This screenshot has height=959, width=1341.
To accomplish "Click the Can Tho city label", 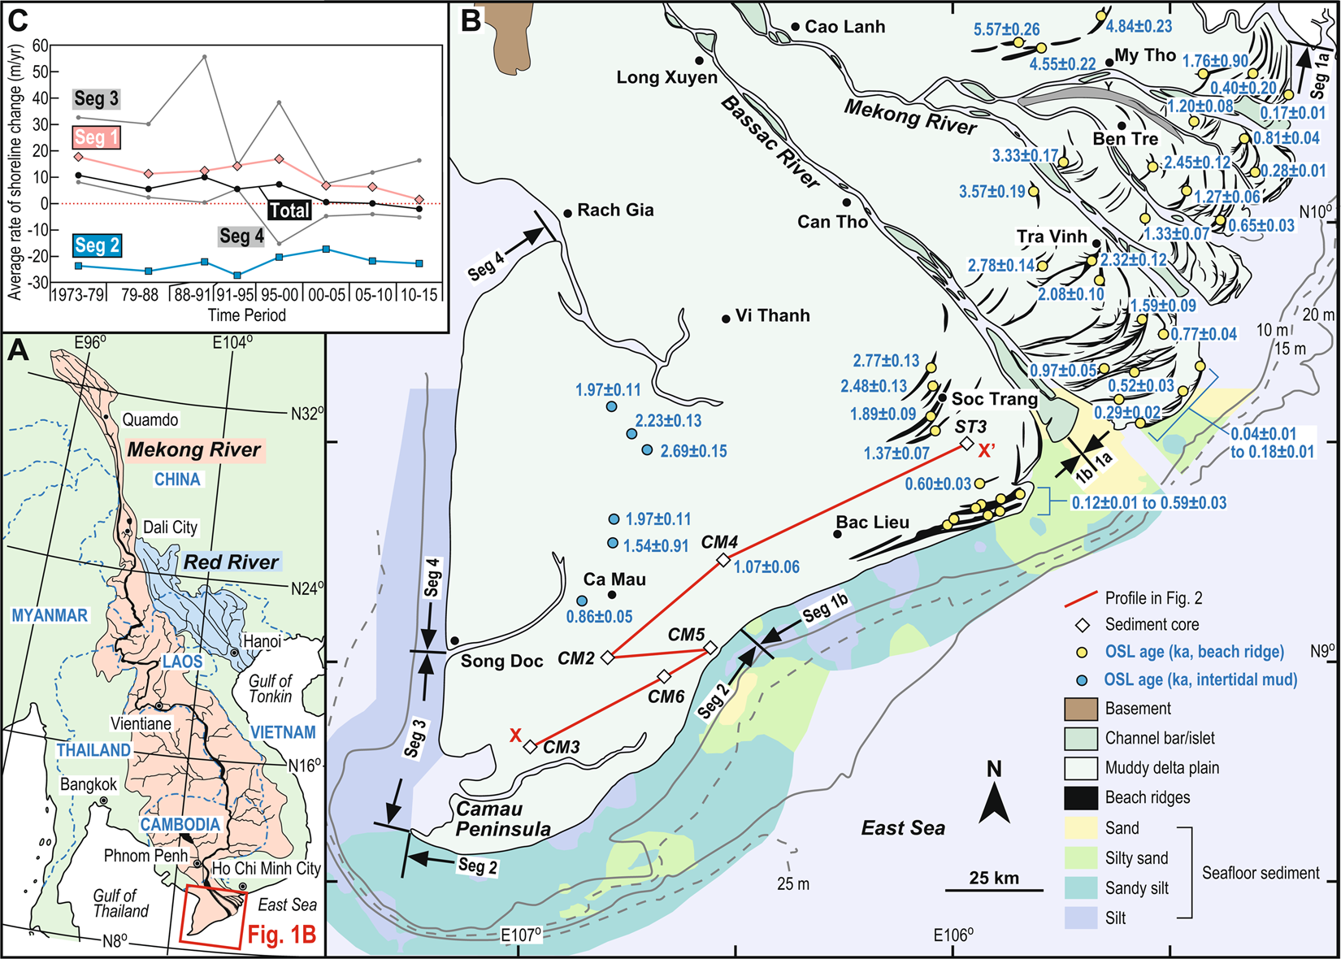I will (832, 222).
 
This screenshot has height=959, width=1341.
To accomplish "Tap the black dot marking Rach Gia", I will (568, 214).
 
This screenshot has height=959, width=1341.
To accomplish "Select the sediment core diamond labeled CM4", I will (723, 560).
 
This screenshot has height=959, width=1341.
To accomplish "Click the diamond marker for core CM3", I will (530, 747).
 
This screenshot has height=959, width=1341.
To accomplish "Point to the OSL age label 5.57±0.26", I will (1006, 29).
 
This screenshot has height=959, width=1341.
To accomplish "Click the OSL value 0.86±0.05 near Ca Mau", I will (599, 617).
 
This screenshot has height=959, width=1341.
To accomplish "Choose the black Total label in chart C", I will (289, 210).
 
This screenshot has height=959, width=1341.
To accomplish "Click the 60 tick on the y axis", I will (40, 46).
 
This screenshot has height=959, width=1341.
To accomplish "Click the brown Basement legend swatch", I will (1081, 709).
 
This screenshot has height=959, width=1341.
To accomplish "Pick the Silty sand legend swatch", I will (1081, 858).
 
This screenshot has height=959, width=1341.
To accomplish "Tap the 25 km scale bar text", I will (993, 878).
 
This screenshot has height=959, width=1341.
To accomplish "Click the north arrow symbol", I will (994, 805).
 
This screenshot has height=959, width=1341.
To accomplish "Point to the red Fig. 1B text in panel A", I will (281, 935).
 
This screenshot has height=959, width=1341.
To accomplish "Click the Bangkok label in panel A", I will (89, 784).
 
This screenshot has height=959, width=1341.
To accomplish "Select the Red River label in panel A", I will (231, 562).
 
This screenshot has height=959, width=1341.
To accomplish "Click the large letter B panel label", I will (471, 20).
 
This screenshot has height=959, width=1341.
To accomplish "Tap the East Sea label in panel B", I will (903, 828).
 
